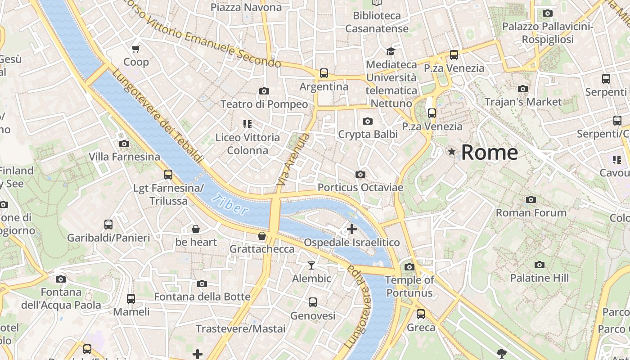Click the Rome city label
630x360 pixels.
click(489, 153)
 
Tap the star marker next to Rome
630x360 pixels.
click(451, 152)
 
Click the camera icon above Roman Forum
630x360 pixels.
click(531, 199)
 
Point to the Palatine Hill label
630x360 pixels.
click(539, 278)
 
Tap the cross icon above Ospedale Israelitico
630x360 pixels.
click(351, 229)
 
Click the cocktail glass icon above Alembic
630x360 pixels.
click(311, 265)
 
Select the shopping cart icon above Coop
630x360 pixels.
click(136, 49)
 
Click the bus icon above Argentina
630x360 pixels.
click(324, 73)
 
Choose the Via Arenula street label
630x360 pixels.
click(293, 160)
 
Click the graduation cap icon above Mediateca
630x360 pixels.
click(391, 51)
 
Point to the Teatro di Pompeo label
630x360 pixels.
click(264, 104)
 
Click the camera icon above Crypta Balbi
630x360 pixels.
click(368, 121)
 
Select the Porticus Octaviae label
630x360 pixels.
click(360, 187)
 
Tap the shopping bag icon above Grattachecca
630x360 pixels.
click(262, 236)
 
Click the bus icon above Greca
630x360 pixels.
click(421, 314)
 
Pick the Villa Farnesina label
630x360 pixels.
click(124, 157)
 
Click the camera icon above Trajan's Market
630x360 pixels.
click(523, 89)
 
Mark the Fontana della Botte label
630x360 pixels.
click(202, 297)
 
